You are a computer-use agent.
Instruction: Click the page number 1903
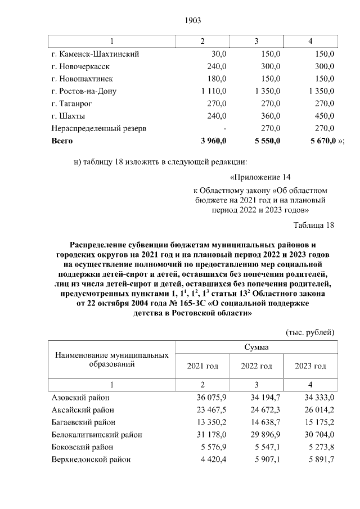[192, 21]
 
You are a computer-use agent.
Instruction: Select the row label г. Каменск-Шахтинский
[94, 54]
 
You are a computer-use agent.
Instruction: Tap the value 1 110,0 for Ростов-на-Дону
[211, 91]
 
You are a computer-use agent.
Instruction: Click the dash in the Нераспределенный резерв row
[224, 128]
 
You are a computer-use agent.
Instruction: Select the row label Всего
[62, 141]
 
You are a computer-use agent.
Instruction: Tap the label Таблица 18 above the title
[314, 226]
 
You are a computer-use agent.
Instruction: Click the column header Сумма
[256, 348]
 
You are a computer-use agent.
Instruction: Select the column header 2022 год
[256, 366]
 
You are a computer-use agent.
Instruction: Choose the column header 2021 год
[202, 366]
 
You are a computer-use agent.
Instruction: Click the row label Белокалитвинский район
[96, 435]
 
